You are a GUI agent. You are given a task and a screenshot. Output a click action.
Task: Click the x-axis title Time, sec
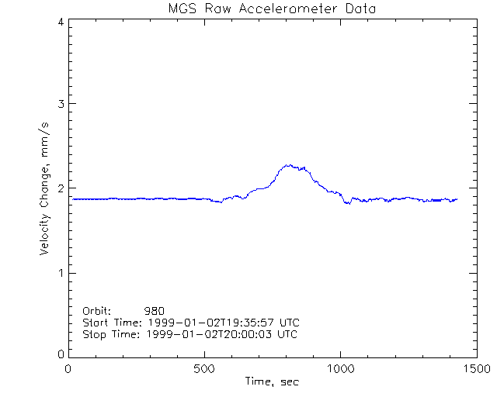click(272, 381)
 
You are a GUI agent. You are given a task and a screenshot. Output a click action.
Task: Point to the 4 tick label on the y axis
click(61, 22)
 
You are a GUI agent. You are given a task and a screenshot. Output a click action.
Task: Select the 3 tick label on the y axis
click(61, 104)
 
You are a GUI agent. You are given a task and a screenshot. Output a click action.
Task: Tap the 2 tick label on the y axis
click(61, 188)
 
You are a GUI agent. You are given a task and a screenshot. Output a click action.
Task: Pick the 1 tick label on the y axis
click(61, 273)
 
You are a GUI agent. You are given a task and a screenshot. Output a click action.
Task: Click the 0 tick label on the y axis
click(61, 354)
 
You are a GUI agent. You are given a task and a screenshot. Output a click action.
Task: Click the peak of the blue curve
click(288, 164)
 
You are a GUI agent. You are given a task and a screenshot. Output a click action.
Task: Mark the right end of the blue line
click(457, 199)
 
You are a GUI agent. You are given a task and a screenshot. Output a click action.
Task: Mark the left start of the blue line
click(73, 199)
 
